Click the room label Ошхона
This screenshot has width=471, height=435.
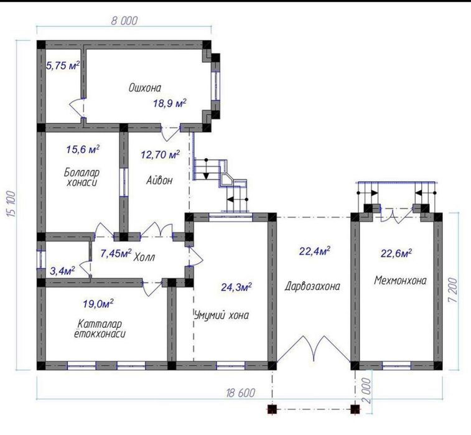click(145, 88)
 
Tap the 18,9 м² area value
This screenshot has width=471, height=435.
click(170, 103)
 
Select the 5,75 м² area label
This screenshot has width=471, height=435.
click(63, 65)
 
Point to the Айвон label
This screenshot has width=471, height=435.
click(159, 180)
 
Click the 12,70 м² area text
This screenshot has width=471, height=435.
click(161, 154)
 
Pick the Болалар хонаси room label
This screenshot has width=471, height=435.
click(82, 177)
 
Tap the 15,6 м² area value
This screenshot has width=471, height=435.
click(83, 149)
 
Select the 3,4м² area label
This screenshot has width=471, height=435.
click(62, 271)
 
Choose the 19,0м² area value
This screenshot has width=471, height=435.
click(98, 304)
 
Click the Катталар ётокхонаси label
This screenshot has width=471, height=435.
click(100, 329)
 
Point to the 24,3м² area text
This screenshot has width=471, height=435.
click(236, 287)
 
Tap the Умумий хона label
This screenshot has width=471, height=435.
click(222, 316)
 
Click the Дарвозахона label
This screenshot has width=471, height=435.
click(312, 286)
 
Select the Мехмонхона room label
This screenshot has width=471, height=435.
click(400, 280)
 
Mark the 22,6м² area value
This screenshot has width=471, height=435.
click(396, 253)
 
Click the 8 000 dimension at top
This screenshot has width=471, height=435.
click(124, 21)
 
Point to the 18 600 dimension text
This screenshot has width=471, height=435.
click(241, 392)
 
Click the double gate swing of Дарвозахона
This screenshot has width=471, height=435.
click(314, 348)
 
